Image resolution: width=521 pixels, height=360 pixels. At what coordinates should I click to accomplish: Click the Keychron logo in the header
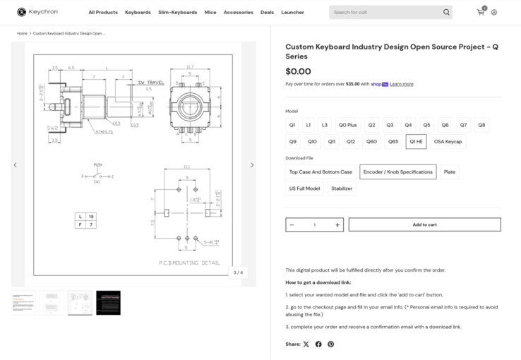coord(37,12)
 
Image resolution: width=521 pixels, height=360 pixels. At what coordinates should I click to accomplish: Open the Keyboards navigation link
coord(138,12)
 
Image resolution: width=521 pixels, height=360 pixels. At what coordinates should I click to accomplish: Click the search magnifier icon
coord(446,12)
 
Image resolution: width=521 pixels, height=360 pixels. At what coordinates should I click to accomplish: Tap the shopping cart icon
coord(480,12)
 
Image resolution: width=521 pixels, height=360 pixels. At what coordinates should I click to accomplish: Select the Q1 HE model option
coord(416,141)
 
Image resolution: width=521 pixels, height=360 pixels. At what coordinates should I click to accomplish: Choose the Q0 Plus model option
coord(347,125)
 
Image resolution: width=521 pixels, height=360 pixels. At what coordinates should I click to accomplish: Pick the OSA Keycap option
coord(448,141)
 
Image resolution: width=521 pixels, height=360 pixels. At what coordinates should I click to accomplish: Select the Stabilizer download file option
coord(342,188)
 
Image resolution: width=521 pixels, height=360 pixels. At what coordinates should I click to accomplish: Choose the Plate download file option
coord(450,172)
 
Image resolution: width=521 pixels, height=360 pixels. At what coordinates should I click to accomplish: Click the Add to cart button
coord(424,224)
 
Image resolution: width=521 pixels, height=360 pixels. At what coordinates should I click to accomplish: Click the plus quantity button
coord(337,225)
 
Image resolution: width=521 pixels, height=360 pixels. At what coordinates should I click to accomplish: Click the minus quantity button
coord(292,225)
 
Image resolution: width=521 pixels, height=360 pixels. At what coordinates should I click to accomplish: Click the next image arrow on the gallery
coord(252,165)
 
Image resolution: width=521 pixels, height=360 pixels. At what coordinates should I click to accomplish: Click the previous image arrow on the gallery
coord(15,165)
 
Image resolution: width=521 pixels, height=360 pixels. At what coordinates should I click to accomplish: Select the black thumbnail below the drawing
coord(108,302)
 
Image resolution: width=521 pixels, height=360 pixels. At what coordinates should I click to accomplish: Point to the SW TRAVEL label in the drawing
coord(150,83)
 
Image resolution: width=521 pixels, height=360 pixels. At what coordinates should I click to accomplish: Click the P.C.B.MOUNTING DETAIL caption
coord(189,263)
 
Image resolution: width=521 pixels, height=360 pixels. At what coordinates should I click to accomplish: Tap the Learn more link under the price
coord(402,84)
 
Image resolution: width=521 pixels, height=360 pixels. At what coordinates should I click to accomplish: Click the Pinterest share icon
coord(330,344)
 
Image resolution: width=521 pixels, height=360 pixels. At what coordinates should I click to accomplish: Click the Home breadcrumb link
coord(23,33)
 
